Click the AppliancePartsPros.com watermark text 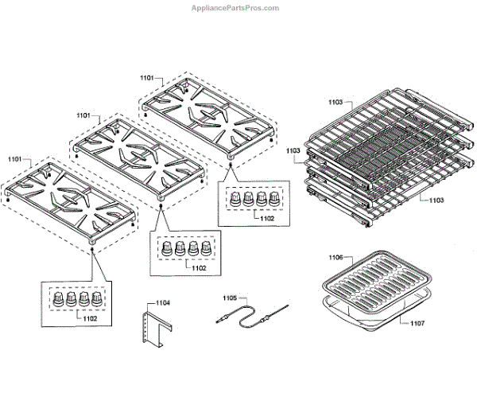(x=235, y=8)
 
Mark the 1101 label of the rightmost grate (x=147, y=78)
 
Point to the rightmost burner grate (x=208, y=118)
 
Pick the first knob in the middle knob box (x=168, y=251)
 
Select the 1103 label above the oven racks (x=334, y=103)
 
